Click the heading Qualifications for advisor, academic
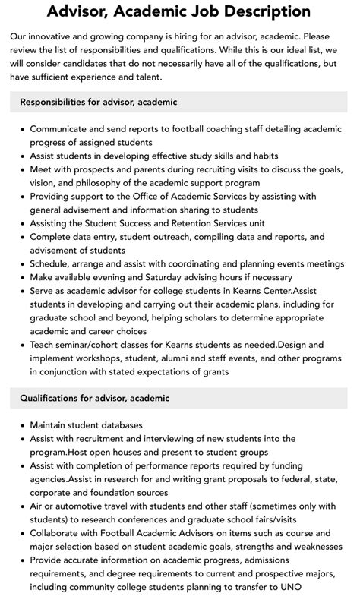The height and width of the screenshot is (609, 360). coord(94,398)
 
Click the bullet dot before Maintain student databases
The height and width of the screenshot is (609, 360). coord(21,425)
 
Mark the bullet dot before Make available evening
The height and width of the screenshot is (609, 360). coord(21,277)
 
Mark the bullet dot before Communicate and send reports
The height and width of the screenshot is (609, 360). coord(21,129)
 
